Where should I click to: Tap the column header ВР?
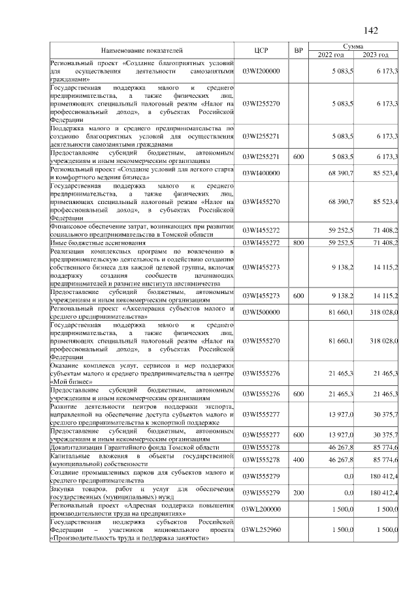pos(298,50)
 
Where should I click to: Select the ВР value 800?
pos(298,243)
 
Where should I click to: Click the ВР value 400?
pos(298,460)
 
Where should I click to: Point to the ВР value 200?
pos(298,492)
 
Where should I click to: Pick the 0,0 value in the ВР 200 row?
pos(348,492)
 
